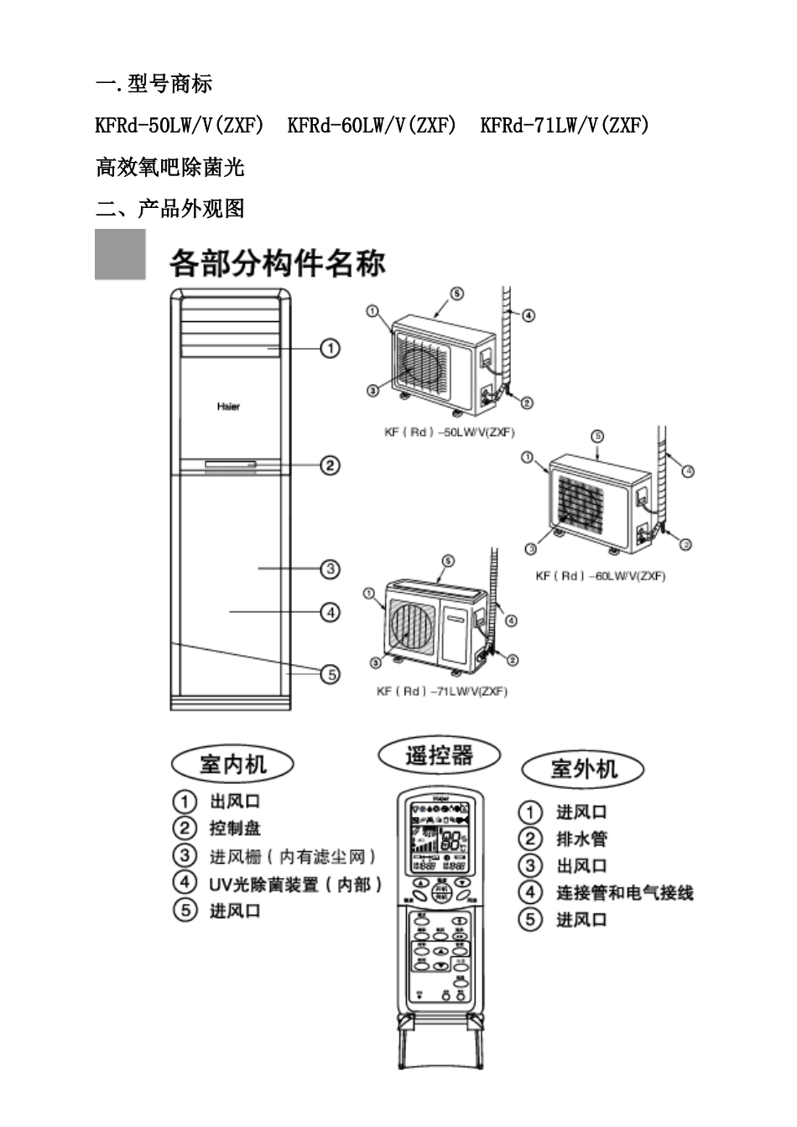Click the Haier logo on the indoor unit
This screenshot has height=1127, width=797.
point(228,407)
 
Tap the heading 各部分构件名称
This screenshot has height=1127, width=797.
point(277,262)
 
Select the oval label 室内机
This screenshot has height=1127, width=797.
point(232,764)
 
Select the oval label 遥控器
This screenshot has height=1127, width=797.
point(439,756)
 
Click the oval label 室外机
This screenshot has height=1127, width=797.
point(583,769)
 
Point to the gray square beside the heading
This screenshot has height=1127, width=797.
point(120,254)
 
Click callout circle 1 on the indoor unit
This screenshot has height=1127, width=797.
point(330,348)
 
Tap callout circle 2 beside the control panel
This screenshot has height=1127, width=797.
point(330,465)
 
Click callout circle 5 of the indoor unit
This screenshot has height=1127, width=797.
point(331,673)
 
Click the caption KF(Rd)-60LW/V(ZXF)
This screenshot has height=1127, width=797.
point(600,576)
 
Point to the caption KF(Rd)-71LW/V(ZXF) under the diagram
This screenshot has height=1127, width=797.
point(441,691)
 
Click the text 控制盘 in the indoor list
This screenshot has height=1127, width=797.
point(235,828)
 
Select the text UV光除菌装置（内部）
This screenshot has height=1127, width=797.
point(295,884)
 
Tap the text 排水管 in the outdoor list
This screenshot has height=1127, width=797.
point(581,839)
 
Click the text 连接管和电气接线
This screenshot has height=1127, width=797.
point(624,893)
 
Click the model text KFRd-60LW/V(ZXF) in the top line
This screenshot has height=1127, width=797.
point(372,126)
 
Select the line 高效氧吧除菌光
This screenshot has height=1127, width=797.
point(170,167)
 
